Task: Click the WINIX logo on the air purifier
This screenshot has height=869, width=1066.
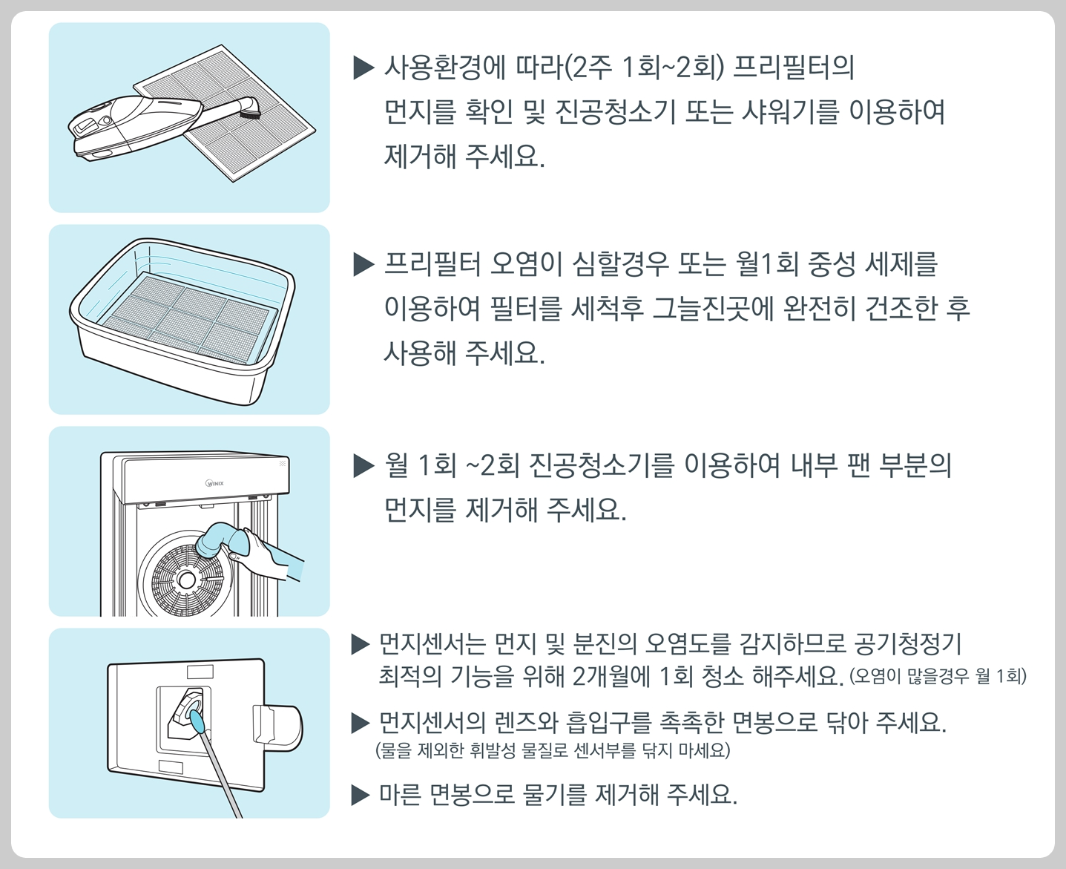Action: (214, 483)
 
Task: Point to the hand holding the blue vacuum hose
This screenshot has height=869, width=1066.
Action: (267, 553)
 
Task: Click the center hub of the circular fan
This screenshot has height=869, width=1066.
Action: (186, 578)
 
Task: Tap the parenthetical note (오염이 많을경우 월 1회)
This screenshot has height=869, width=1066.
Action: (938, 676)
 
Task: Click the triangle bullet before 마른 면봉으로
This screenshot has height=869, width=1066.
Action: (361, 796)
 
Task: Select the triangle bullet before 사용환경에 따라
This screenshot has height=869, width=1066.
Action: (364, 68)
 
